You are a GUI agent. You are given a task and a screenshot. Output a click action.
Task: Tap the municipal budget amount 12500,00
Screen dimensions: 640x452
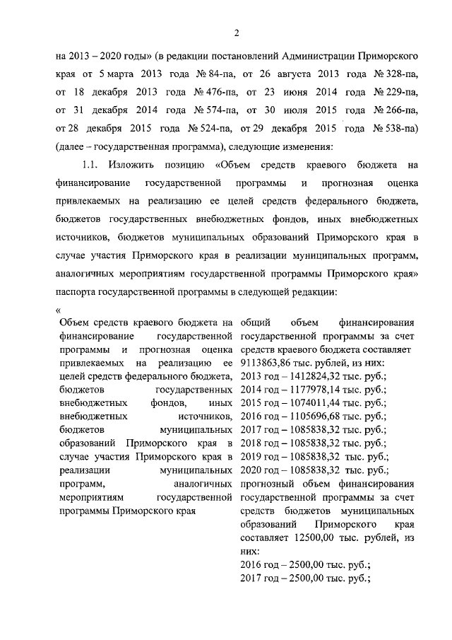click(311, 537)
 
